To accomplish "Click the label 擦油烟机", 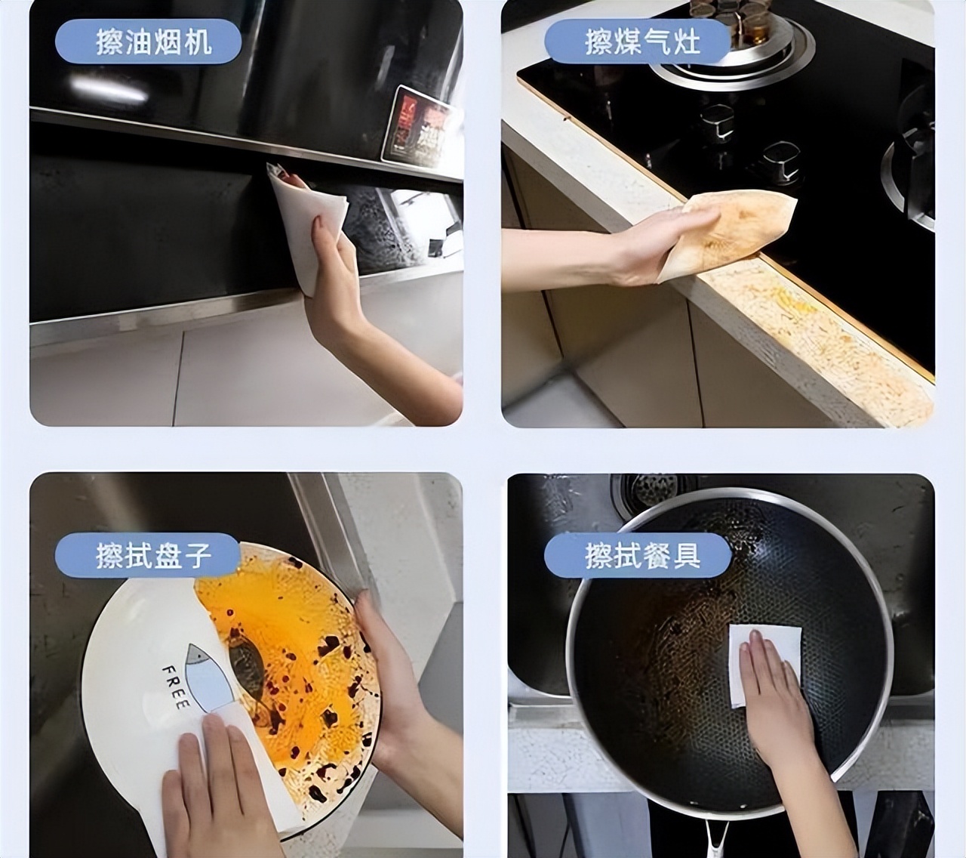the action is tap(153, 42).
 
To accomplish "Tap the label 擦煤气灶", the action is tap(641, 42).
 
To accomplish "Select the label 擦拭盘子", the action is tap(153, 555).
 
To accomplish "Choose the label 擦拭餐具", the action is tap(642, 555).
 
